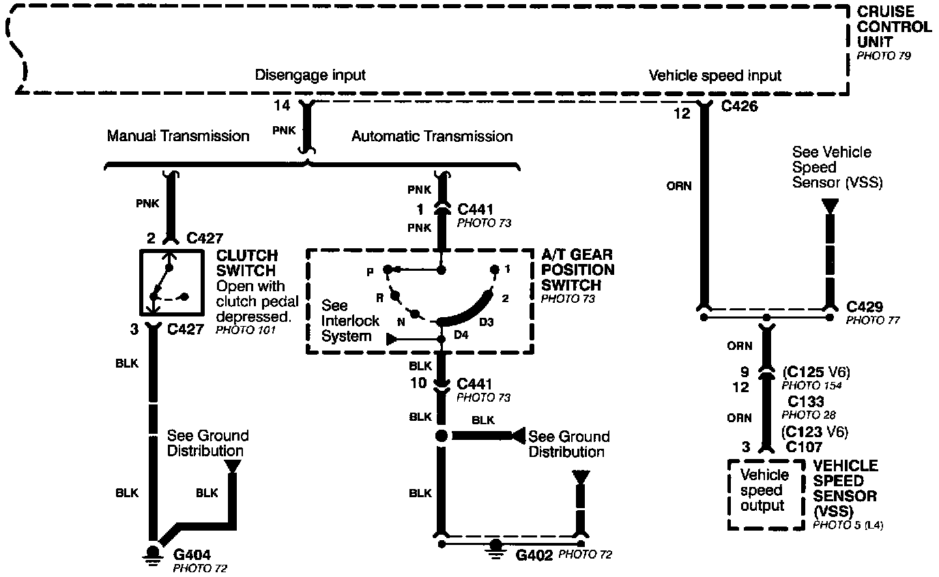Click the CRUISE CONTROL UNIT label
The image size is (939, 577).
893,27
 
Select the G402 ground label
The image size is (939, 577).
534,554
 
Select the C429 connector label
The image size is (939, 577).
865,307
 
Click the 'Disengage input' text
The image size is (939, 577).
310,75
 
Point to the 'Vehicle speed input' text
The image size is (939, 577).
714,75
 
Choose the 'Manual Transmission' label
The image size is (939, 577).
178,136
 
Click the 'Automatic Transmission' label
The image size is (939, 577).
432,136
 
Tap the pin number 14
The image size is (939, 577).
281,106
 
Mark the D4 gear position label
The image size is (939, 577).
462,335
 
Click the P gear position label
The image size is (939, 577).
369,272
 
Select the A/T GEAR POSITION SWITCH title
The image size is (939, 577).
577,270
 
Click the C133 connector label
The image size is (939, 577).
806,402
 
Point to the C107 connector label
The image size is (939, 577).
805,447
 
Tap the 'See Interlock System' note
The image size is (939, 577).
346,321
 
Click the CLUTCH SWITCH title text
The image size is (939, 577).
246,263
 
